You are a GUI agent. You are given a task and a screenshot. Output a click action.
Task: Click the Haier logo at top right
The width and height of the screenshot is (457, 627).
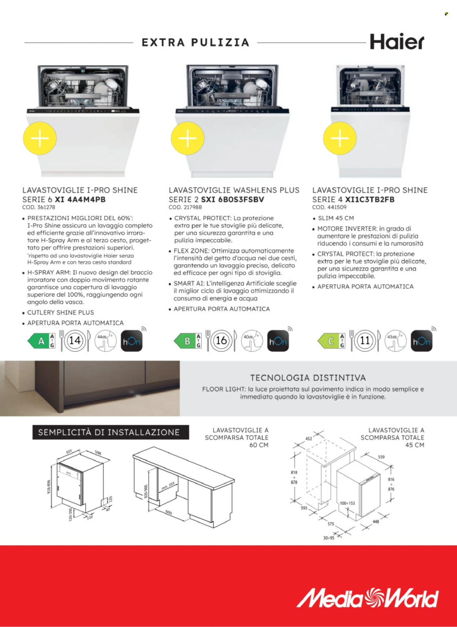tap(397, 42)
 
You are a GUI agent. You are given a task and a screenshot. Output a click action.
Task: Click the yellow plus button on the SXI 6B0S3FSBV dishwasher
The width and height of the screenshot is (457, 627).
tap(188, 138)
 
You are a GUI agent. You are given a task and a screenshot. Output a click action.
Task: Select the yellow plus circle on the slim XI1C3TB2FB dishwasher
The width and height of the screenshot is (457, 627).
tap(340, 138)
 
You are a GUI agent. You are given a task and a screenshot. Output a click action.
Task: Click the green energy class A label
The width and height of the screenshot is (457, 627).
tap(41, 341)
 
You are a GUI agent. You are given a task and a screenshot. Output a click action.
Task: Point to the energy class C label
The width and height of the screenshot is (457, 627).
tap(331, 341)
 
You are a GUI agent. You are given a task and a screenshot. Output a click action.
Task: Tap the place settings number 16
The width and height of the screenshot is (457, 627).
tap(221, 341)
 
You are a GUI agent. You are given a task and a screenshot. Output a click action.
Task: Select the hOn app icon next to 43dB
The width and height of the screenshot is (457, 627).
tap(421, 341)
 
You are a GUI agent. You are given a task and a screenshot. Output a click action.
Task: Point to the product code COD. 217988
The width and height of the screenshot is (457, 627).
tap(185, 207)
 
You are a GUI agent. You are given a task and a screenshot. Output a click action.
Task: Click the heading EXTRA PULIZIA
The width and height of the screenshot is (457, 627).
tap(195, 42)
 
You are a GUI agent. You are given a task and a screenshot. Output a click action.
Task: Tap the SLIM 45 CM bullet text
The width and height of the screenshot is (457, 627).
tap(336, 218)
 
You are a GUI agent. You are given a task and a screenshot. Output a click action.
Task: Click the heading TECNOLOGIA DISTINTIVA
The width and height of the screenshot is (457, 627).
tap(308, 378)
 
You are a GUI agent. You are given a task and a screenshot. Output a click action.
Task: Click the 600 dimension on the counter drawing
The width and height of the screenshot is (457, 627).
tap(169, 512)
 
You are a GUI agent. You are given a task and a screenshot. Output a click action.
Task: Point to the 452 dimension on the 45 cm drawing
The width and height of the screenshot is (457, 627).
tap(309, 438)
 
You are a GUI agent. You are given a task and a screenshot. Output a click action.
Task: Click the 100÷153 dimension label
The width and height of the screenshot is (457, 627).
tap(347, 503)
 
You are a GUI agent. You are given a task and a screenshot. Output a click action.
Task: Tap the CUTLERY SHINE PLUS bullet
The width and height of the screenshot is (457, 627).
tap(60, 313)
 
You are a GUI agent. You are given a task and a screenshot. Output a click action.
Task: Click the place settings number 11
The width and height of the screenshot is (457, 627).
tap(365, 341)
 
